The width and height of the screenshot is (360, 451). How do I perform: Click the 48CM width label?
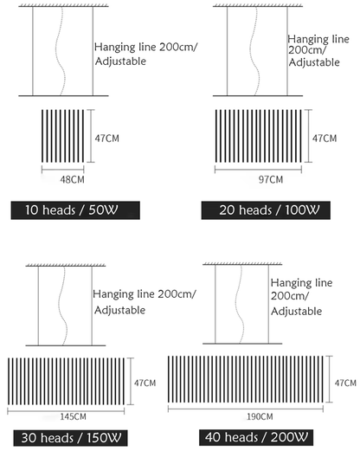pyautogui.click(x=72, y=179)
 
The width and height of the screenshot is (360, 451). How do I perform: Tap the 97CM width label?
pyautogui.click(x=271, y=179)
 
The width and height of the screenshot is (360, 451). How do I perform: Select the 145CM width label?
pyautogui.click(x=73, y=416)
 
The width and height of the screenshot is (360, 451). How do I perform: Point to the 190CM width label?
pyautogui.click(x=260, y=416)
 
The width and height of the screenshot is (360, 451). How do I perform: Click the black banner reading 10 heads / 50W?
pyautogui.click(x=75, y=210)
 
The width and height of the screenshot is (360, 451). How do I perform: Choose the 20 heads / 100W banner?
pyautogui.click(x=266, y=210)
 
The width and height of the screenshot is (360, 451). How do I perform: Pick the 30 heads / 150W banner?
pyautogui.click(x=70, y=438)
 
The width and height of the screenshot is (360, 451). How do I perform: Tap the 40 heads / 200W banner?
pyautogui.click(x=256, y=437)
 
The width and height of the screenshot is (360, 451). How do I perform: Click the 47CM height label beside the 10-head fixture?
pyautogui.click(x=106, y=139)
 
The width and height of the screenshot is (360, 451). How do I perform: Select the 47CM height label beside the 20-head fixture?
pyautogui.click(x=325, y=139)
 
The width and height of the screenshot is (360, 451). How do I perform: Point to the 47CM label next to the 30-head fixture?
pyautogui.click(x=145, y=383)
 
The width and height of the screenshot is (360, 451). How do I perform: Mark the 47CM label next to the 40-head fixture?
pyautogui.click(x=345, y=383)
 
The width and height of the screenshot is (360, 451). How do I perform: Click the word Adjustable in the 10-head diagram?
pyautogui.click(x=120, y=61)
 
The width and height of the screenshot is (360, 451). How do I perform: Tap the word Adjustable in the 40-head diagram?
pyautogui.click(x=296, y=312)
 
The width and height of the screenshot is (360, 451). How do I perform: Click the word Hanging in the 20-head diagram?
pyautogui.click(x=309, y=40)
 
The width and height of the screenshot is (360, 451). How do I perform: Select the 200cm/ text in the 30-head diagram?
pyautogui.click(x=177, y=294)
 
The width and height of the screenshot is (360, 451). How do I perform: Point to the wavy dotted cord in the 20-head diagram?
pyautogui.click(x=255, y=51)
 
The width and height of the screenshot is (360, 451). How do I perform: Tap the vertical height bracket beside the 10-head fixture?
pyautogui.click(x=91, y=136)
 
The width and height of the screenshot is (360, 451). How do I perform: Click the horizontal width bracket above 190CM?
pyautogui.click(x=246, y=409)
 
